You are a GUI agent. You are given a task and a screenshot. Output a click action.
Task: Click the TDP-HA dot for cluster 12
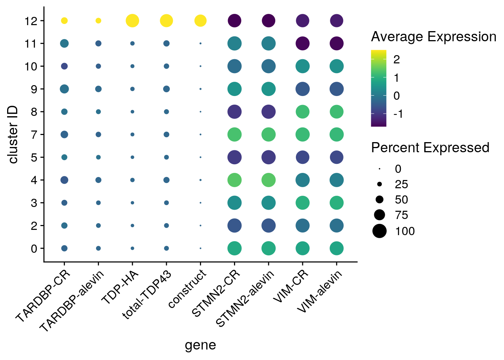tap(132, 21)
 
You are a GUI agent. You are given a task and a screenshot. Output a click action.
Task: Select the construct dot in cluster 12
tap(201, 21)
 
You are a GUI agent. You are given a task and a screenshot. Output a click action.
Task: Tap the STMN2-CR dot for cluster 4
tap(234, 180)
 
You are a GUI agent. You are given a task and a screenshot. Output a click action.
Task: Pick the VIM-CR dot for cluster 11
tap(303, 43)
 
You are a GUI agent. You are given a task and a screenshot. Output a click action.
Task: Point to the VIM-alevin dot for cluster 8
tap(337, 112)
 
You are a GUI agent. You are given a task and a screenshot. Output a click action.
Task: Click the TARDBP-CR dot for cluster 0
tap(64, 248)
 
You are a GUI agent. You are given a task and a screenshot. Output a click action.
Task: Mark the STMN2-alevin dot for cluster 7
tap(268, 134)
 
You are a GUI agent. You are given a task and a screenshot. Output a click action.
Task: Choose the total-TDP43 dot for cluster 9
tap(166, 89)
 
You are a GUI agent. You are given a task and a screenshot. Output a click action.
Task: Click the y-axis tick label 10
tap(32, 66)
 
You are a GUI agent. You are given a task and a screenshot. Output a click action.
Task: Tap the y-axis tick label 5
tap(34, 157)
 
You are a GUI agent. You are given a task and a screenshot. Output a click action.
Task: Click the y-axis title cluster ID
tap(13, 134)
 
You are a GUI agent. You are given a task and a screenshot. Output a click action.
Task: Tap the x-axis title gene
tap(200, 345)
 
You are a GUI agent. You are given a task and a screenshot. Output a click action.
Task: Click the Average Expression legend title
tap(433, 37)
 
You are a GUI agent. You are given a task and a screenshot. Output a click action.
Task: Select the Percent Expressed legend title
tap(430, 148)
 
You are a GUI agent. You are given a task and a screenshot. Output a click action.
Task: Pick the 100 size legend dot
tap(379, 231)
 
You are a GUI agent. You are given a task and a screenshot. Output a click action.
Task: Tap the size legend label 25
tap(401, 184)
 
